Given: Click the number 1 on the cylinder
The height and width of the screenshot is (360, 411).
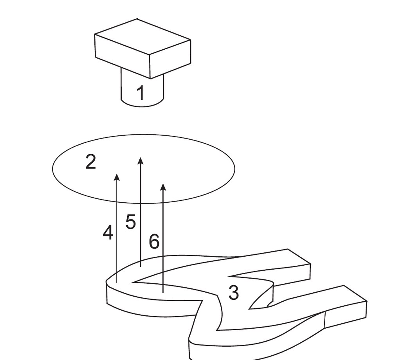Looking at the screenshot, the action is (141, 93).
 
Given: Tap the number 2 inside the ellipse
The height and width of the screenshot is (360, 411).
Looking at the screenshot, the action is (91, 162).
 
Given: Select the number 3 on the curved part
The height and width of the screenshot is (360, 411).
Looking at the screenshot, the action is (234, 292).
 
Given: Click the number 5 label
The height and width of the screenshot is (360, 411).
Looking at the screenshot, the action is (130, 221).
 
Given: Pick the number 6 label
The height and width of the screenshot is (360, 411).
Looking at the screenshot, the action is (154, 241).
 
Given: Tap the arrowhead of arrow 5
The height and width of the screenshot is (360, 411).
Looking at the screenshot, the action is (141, 160).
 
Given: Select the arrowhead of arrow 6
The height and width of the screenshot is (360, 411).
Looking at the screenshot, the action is (163, 187).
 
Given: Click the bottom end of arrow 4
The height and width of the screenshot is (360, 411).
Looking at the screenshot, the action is (117, 283).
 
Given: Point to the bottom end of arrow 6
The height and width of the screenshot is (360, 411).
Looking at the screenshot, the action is (163, 293).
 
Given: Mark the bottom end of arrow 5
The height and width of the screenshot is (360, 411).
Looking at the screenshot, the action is (141, 267).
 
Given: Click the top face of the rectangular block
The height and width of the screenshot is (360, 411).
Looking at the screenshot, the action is (142, 37).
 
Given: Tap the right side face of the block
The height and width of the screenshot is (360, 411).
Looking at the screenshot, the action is (170, 59).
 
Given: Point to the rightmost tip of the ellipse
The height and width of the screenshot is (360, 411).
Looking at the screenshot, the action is (235, 169).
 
